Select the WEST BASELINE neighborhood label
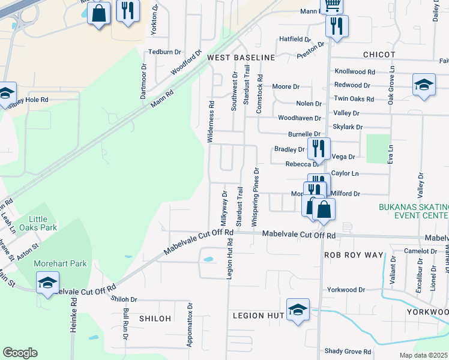point(241,58)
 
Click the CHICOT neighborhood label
point(379,55)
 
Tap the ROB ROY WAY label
point(353,255)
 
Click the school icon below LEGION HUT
point(298,310)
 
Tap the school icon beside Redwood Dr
point(424,85)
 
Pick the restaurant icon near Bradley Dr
point(318,149)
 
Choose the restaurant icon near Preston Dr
point(336,26)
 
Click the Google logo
point(20,353)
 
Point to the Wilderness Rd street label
point(211,121)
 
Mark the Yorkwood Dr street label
point(346,290)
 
